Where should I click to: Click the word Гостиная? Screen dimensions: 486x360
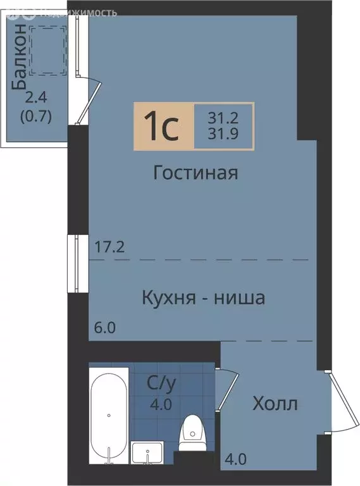point(196,173)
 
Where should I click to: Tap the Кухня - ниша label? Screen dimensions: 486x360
point(203,297)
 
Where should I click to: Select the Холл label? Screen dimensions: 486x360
point(275,404)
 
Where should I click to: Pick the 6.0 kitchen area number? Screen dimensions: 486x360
point(106,328)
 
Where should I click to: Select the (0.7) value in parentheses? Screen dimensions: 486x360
point(36,116)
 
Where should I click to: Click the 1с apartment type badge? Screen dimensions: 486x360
point(163,127)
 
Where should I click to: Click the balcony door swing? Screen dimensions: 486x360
point(89,101)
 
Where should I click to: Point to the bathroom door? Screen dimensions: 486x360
point(227,390)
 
